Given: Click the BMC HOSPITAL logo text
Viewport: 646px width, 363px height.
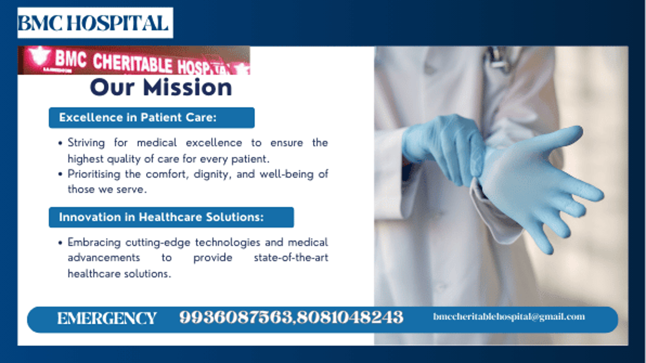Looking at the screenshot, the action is [x=93, y=23].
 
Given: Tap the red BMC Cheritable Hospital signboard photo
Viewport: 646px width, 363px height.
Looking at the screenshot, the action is [x=134, y=60].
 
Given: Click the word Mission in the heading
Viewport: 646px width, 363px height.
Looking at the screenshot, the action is [x=187, y=87].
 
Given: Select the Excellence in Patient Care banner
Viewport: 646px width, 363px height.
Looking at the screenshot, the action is [x=151, y=118].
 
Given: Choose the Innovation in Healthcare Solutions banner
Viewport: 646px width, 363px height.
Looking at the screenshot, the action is [x=171, y=217].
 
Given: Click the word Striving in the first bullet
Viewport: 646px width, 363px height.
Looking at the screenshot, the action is [x=86, y=143].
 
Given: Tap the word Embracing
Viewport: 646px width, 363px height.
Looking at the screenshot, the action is [x=94, y=243].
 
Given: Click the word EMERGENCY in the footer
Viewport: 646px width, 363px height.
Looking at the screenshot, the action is [x=107, y=318].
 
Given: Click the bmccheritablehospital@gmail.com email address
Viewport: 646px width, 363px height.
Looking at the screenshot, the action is [x=509, y=317].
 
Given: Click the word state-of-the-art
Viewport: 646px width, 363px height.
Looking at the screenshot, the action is [x=291, y=258].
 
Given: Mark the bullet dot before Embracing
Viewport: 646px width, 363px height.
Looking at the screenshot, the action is [x=60, y=243].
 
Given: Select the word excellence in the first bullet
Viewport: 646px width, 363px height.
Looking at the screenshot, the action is [x=214, y=143].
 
